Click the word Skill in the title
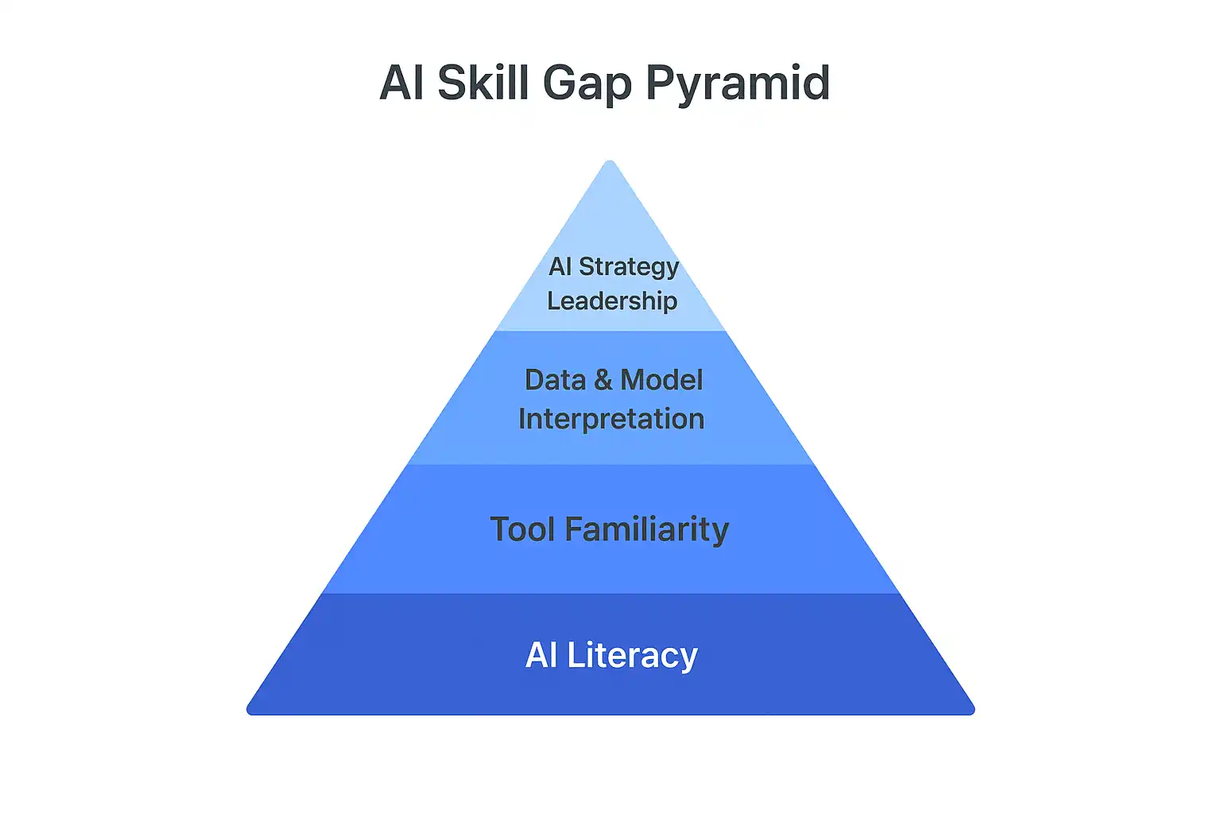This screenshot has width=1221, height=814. click(483, 83)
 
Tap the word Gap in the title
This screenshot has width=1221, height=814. click(587, 85)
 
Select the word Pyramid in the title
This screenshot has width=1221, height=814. click(738, 84)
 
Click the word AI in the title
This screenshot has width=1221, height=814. click(401, 83)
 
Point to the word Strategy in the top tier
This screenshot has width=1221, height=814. click(629, 268)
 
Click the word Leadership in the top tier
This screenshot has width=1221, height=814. click(612, 300)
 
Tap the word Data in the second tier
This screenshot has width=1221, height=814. click(555, 380)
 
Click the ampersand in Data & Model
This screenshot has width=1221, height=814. click(603, 380)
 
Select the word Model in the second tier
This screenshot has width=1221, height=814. click(661, 380)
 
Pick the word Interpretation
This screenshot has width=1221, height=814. click(611, 419)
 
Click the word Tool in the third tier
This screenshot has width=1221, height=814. click(523, 529)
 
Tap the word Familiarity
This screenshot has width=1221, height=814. click(647, 530)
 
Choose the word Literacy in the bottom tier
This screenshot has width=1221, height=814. click(632, 656)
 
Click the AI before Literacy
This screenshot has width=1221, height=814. click(541, 655)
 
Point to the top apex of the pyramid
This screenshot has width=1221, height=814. click(610, 161)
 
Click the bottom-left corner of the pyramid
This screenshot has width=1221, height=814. click(248, 712)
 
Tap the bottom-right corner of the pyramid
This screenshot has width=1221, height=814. click(973, 712)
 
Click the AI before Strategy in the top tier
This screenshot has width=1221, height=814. click(560, 266)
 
